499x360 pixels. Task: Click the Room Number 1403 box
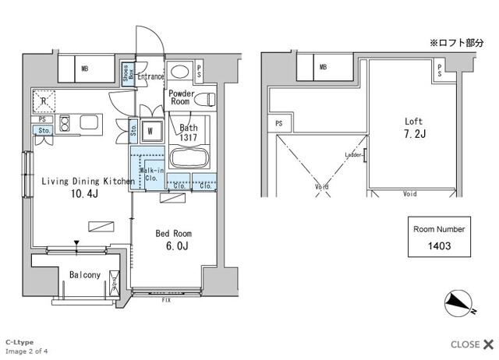point(439,238)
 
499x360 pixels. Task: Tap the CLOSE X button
point(472,344)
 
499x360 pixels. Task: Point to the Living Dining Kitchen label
point(87,187)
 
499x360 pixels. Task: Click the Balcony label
point(83,275)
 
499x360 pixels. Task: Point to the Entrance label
point(150,77)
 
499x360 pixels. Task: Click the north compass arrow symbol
point(458,302)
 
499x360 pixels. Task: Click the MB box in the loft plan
point(322,68)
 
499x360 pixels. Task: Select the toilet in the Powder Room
point(205,99)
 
